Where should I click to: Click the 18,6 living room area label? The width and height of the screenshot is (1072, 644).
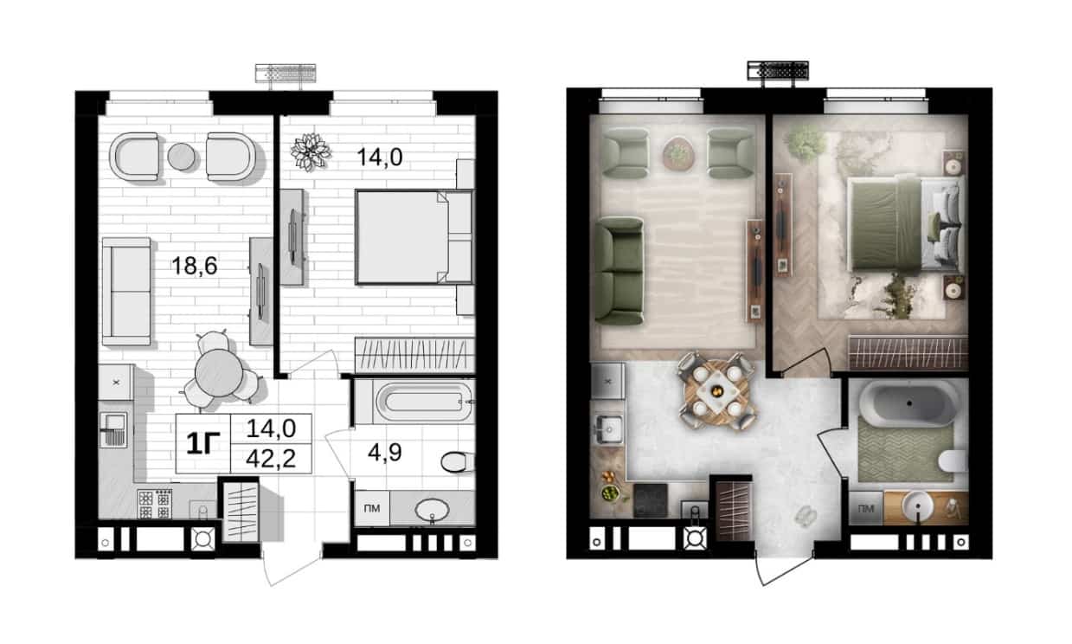pyautogui.click(x=195, y=265)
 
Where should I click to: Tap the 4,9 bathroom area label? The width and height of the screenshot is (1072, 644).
pyautogui.click(x=385, y=452)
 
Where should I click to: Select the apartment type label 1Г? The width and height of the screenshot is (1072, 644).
pyautogui.click(x=203, y=443)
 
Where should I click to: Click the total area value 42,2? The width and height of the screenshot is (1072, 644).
pyautogui.click(x=271, y=459)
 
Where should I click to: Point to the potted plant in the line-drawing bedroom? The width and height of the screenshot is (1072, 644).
pyautogui.click(x=311, y=151)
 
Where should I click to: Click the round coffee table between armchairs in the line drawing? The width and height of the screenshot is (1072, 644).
pyautogui.click(x=182, y=157)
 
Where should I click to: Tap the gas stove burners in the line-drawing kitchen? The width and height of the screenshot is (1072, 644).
pyautogui.click(x=155, y=505)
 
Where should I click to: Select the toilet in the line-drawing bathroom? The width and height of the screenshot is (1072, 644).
pyautogui.click(x=457, y=462)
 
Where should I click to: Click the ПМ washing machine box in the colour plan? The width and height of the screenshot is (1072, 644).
pyautogui.click(x=865, y=508)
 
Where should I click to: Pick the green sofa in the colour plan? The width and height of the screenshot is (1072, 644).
pyautogui.click(x=619, y=271)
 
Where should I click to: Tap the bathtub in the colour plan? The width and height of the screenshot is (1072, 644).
pyautogui.click(x=908, y=403)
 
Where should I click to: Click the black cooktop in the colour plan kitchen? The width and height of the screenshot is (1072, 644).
pyautogui.click(x=651, y=500)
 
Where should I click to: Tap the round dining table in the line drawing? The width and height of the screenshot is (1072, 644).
pyautogui.click(x=219, y=372)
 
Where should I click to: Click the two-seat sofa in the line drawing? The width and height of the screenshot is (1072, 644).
pyautogui.click(x=126, y=291)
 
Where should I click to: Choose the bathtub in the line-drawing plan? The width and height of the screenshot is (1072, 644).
pyautogui.click(x=424, y=402)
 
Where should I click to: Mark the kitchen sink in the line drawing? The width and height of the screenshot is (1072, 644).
pyautogui.click(x=113, y=429)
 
